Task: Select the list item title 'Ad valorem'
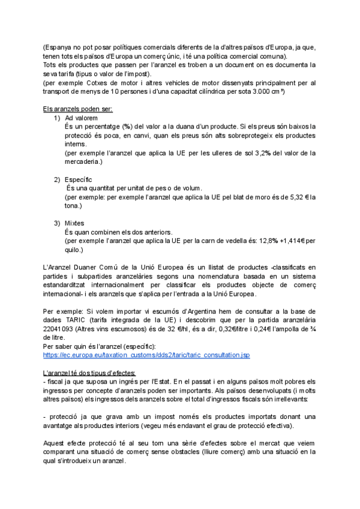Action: (81, 118)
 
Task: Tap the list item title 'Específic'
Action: (79, 179)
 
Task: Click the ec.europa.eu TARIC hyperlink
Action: (146, 355)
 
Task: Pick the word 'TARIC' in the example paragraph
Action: (78, 321)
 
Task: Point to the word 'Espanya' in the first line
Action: (59, 47)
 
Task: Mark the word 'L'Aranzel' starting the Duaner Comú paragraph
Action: (58, 267)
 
